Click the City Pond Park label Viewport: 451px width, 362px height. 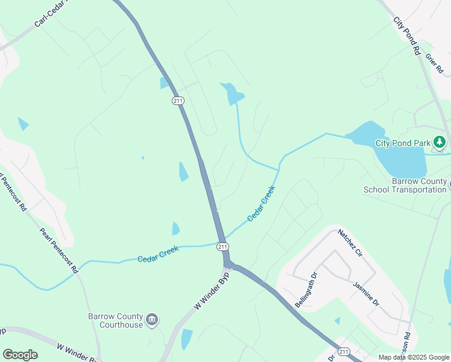click(403, 143)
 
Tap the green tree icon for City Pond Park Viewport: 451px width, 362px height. click(441, 142)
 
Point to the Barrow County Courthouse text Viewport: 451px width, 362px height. click(116, 320)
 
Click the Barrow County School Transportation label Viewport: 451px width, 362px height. click(405, 185)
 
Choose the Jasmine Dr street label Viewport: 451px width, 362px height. click(366, 293)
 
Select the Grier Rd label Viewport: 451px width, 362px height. click(434, 64)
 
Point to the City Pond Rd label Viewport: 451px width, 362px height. click(407, 36)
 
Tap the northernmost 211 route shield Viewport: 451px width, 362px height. click(177, 101)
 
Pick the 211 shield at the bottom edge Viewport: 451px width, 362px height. click(344, 352)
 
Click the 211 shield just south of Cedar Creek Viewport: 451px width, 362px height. click(222, 246)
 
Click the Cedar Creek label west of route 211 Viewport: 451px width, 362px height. click(158, 255)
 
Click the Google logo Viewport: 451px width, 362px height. click(20, 355)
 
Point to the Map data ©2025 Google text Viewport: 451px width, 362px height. click(414, 357)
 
